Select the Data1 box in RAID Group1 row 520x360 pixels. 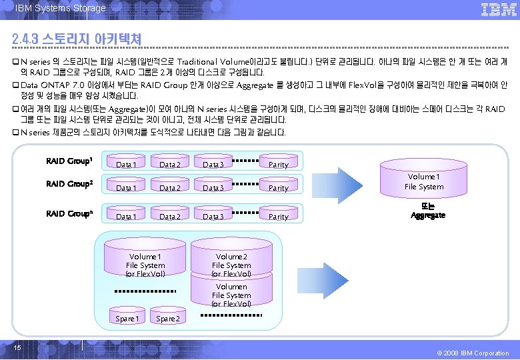coord(126,164)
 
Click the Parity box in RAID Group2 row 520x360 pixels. coord(279,188)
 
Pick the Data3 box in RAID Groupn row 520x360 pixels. coord(213,217)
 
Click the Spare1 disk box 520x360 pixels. coord(127,319)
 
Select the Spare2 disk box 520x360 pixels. coord(167,319)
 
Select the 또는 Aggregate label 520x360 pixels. coord(428,211)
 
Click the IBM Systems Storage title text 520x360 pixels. coord(61,8)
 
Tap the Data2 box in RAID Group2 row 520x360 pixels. coord(169,188)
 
